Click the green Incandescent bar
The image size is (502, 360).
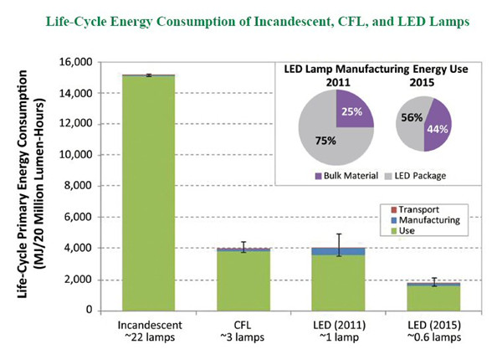pyautogui.click(x=148, y=193)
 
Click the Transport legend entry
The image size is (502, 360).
pyautogui.click(x=418, y=207)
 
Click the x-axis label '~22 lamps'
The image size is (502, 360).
pyautogui.click(x=148, y=338)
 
